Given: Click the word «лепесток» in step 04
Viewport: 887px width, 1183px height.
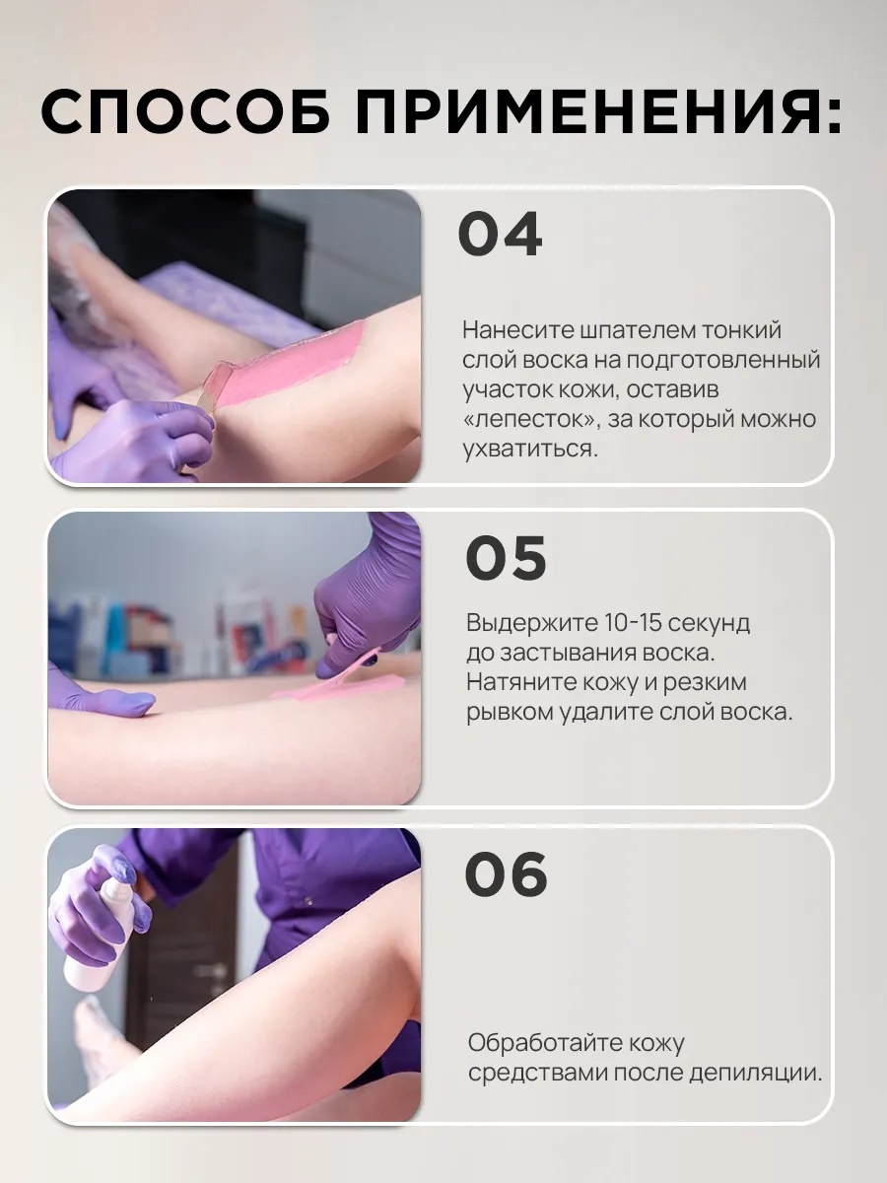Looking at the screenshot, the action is pos(531,420).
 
